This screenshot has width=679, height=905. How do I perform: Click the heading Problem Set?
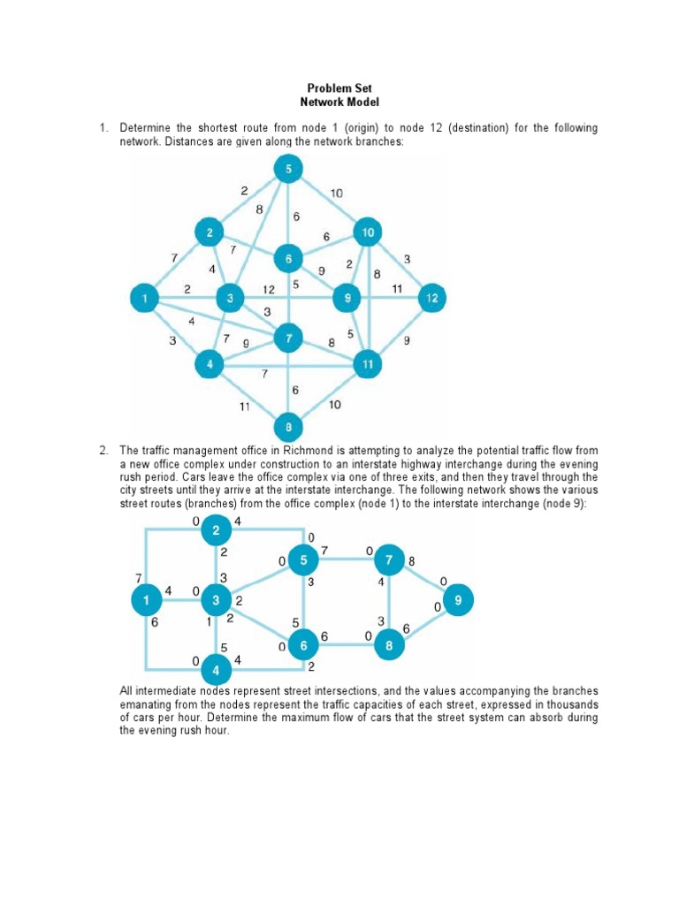339,88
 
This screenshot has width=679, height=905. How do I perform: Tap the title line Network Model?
339,103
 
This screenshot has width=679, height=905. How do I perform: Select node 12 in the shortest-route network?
430,298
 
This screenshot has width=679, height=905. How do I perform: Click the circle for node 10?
367,232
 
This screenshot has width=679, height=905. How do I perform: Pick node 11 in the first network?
367,362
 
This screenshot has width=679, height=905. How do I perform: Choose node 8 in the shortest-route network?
288,429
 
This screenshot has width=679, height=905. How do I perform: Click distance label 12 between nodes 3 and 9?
268,288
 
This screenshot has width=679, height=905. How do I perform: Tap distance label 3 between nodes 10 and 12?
407,258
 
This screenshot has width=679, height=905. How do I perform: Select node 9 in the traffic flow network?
458,601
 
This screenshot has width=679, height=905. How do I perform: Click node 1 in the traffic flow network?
145,601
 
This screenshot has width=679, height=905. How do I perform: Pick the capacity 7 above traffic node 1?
138,576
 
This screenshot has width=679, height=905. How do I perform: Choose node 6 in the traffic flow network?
304,646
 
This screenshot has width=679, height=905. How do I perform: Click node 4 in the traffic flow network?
216,667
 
